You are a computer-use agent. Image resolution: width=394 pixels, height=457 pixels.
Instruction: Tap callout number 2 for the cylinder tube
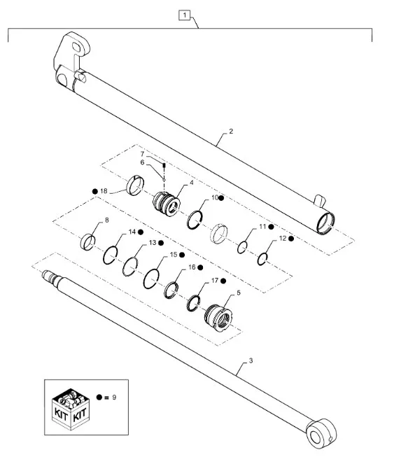(x=230, y=132)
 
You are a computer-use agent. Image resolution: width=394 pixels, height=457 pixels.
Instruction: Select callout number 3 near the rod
(x=249, y=363)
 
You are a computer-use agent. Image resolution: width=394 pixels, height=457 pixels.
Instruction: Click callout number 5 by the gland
(x=239, y=295)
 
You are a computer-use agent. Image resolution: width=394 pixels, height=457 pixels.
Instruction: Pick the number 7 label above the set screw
(x=141, y=153)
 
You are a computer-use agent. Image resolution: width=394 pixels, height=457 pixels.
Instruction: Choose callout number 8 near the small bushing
(x=107, y=221)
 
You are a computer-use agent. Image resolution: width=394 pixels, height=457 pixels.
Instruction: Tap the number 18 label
(x=104, y=190)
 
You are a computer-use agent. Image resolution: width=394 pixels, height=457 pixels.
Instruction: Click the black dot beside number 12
(x=290, y=239)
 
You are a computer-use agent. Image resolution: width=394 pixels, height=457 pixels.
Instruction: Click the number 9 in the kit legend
(x=113, y=398)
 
